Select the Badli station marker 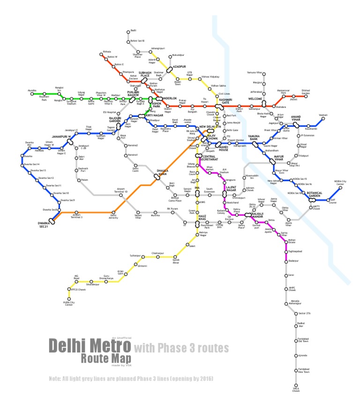click(128, 32)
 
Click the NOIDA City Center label click(340, 182)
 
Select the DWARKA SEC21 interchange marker click(52, 221)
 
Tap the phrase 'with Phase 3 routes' click(181, 348)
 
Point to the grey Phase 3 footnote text click(131, 378)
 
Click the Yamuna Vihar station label click(255, 73)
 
